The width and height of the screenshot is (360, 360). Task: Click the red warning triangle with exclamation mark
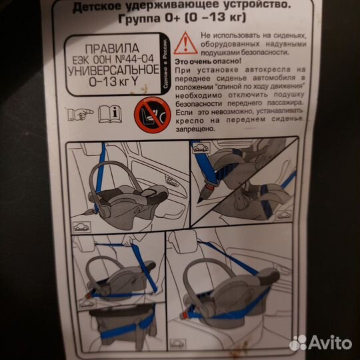tap(185, 43)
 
